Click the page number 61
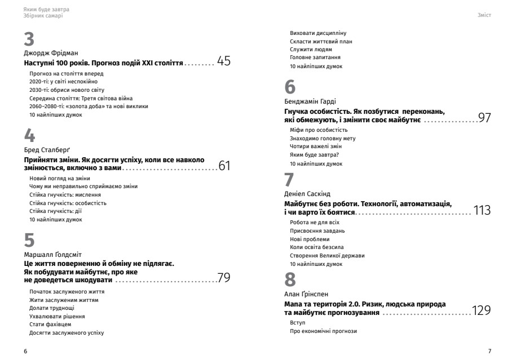coord(224,166)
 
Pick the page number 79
coord(223,278)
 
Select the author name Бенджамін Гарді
coord(310,102)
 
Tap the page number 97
coord(484,118)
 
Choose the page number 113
coord(482,211)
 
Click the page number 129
coord(482,310)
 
